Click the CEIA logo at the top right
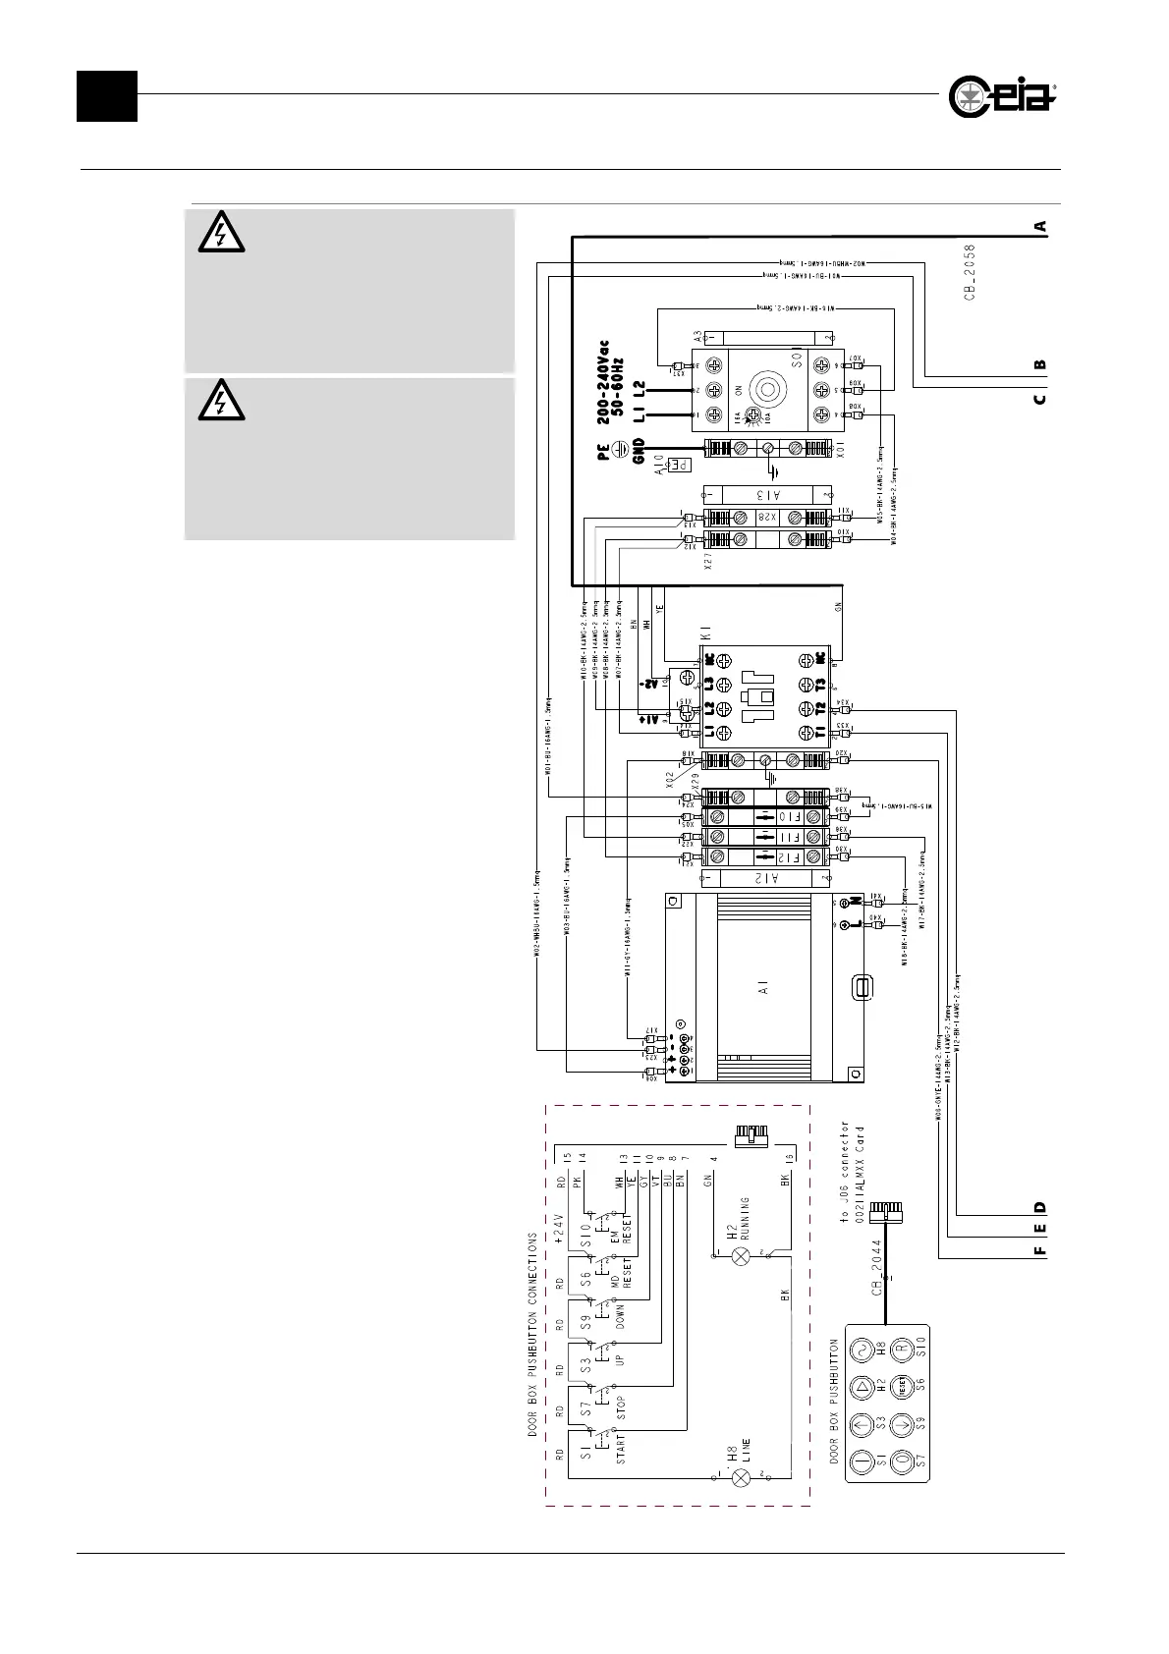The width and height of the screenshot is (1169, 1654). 1002,96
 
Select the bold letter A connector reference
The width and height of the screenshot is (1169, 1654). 1039,226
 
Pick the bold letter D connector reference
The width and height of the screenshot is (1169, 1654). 1039,1207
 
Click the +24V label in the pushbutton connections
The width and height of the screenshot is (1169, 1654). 557,1228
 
